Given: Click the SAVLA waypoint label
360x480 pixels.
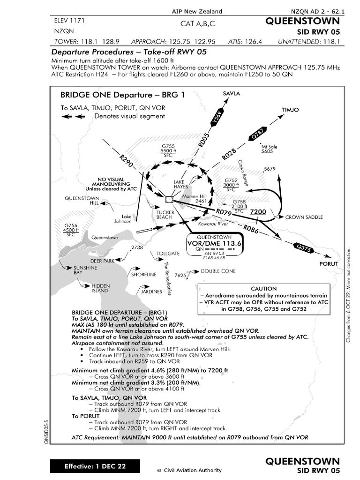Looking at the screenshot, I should point(231,94).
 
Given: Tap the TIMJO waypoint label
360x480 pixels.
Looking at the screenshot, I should point(290,110).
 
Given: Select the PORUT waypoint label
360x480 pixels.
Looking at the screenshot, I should point(329,264).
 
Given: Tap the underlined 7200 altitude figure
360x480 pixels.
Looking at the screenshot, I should point(258,212).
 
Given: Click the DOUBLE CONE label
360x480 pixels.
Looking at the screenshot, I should point(218,271).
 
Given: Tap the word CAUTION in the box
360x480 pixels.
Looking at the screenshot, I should point(264,289).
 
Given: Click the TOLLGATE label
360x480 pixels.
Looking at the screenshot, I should point(169,253).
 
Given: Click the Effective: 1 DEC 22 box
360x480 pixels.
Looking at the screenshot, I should point(95,466).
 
